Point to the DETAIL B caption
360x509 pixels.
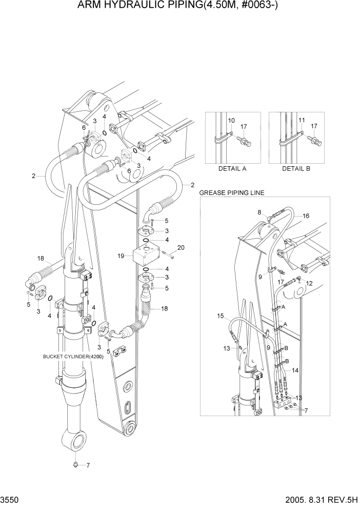pos(296,168)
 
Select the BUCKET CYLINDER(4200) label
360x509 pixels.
pos(73,357)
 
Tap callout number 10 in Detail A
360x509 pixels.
pos(231,120)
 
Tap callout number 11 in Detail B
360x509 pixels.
pos(302,120)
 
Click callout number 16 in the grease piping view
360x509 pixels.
pos(306,217)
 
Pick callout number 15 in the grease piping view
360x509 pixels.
pos(220,316)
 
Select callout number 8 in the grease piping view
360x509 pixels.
pos(259,211)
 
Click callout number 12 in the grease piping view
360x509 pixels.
pos(308,284)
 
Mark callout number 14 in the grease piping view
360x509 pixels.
pos(295,369)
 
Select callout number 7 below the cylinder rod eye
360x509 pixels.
pos(88,465)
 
